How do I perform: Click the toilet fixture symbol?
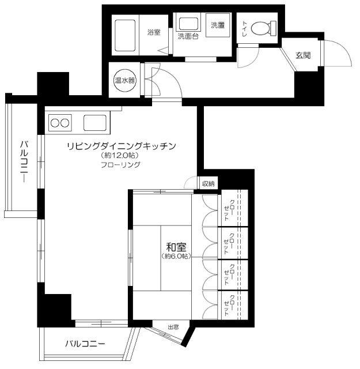click(266, 27)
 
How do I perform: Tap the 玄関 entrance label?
click(303, 55)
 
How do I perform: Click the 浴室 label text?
click(153, 33)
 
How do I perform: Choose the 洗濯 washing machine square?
click(218, 25)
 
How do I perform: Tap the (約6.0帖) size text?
click(175, 256)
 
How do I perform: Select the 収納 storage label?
click(208, 184)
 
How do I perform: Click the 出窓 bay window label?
click(173, 327)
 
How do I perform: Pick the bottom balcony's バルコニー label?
click(85, 344)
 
